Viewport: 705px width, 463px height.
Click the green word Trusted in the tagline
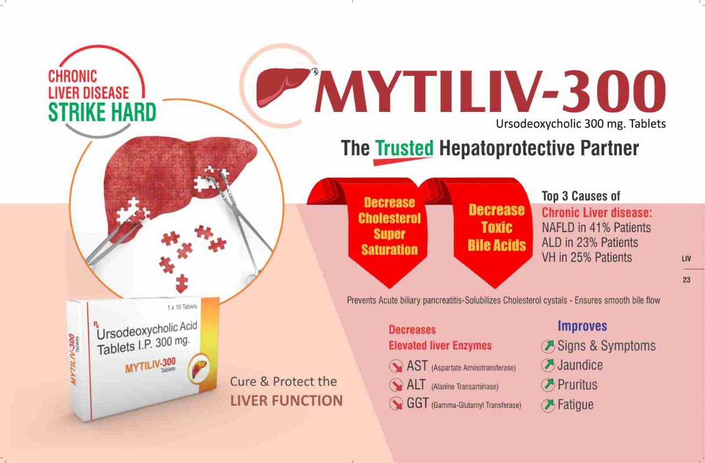tap(404, 148)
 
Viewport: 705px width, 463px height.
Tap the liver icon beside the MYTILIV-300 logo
tap(283, 87)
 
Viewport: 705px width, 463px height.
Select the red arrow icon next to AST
tap(396, 367)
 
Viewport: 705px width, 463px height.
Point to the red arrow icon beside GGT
tap(396, 403)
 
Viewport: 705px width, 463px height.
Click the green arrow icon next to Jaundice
tap(548, 365)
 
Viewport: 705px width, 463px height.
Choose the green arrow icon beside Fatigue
tap(548, 405)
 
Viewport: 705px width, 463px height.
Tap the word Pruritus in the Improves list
tap(577, 385)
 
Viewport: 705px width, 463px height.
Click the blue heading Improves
tap(582, 326)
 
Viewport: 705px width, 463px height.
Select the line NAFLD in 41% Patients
tap(596, 228)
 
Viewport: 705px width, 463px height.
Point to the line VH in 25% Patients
tap(587, 257)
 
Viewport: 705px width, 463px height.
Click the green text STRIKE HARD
tap(102, 112)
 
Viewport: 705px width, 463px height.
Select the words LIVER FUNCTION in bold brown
tap(286, 401)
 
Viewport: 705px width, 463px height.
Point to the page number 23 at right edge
tap(686, 279)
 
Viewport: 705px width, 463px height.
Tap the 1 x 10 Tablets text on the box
tap(182, 307)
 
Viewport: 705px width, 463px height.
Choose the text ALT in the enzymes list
tap(416, 385)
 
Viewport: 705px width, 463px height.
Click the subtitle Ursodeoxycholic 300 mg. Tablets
tap(581, 124)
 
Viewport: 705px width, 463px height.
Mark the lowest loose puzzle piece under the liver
tap(182, 283)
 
